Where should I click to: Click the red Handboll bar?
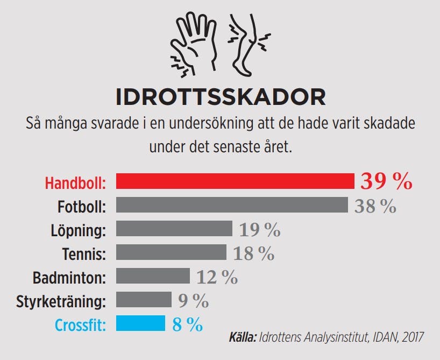[235, 181]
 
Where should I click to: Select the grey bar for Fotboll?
[232, 205]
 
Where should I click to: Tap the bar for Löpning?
[174, 229]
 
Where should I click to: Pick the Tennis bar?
[171, 252]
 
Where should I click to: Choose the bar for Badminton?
[153, 276]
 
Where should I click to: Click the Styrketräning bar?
[144, 300]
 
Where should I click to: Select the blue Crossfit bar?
[140, 323]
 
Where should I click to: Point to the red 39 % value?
[386, 181]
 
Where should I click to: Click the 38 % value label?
[375, 206]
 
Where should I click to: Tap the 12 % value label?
[217, 277]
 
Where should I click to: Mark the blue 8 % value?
[187, 324]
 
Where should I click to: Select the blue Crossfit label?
[80, 325]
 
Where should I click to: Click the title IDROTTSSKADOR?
[221, 97]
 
